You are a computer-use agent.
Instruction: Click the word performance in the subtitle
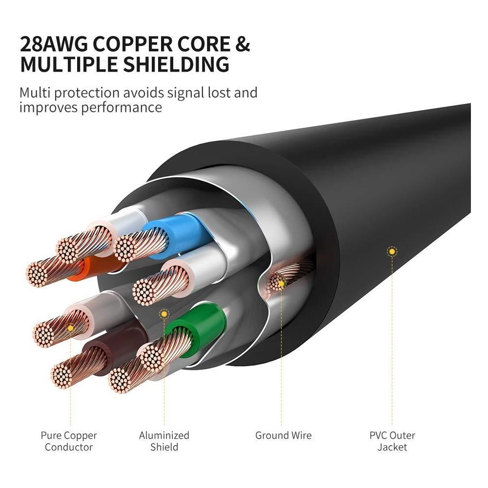[122, 107]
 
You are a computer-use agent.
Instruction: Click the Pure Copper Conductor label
[69, 441]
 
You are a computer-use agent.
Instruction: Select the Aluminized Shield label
[164, 441]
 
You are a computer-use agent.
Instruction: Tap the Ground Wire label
[283, 435]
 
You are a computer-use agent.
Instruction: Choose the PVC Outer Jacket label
[392, 441]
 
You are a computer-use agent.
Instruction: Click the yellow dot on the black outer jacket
[391, 252]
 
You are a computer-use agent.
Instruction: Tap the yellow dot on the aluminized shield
[164, 314]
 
